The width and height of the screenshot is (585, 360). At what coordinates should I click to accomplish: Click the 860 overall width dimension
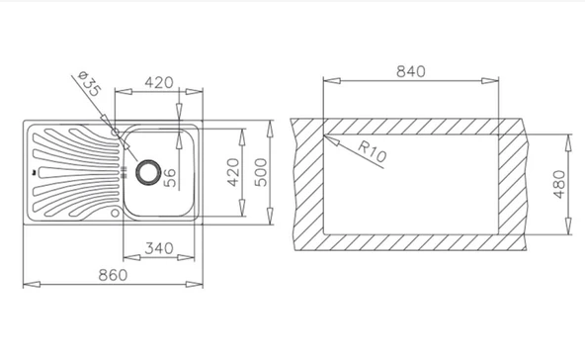click(x=113, y=275)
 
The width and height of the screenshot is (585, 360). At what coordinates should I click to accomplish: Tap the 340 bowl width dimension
click(x=159, y=248)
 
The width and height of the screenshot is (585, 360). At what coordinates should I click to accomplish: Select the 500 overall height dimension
click(x=261, y=172)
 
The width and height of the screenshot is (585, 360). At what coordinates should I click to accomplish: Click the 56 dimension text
click(x=170, y=177)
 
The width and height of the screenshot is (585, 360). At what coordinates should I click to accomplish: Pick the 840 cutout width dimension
click(x=411, y=71)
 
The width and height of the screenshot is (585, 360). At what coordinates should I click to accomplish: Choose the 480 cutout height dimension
click(x=559, y=185)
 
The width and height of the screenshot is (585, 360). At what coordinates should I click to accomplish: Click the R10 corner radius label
click(x=372, y=151)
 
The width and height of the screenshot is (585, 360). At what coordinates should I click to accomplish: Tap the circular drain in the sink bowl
click(x=148, y=172)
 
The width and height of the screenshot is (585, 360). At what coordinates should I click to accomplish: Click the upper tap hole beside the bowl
click(x=116, y=132)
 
